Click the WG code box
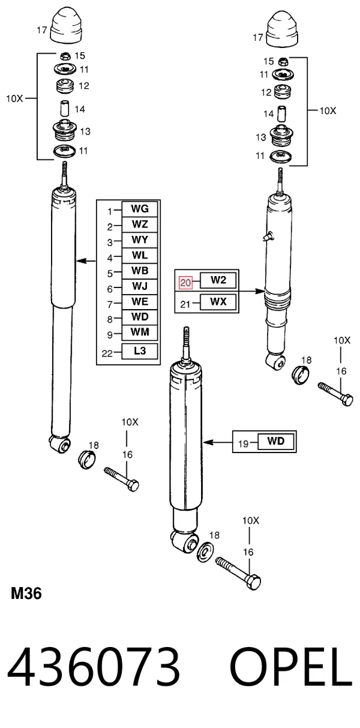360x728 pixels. point(140,209)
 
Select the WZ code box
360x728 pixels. point(140,224)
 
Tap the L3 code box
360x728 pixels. point(140,351)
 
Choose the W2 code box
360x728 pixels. point(218,280)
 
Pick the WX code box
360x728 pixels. point(218,302)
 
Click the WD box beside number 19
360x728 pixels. point(276,441)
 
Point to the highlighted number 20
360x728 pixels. point(185,283)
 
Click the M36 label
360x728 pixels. point(26,594)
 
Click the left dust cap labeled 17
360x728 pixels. point(67,26)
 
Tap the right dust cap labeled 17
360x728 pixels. point(282,30)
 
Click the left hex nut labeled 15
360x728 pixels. point(65,56)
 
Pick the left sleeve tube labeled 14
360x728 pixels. point(65,108)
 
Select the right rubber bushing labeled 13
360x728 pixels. point(282,136)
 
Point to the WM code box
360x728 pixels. point(140,332)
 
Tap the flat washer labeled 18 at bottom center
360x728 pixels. point(205,552)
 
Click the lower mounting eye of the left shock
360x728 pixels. point(61,444)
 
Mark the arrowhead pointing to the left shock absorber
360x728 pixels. point(80,260)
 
